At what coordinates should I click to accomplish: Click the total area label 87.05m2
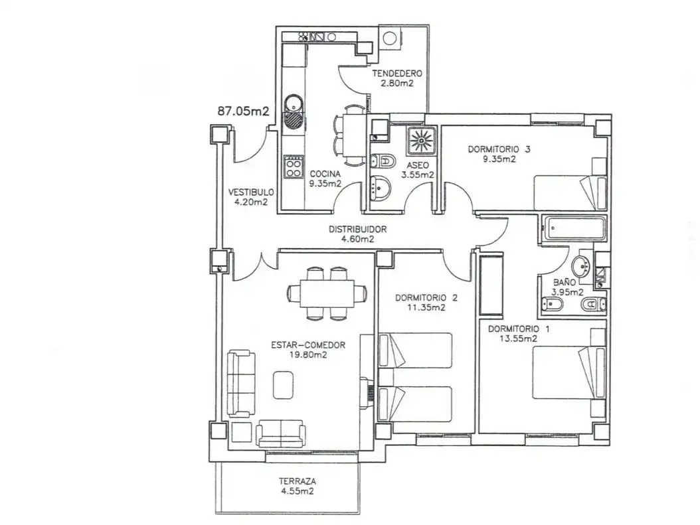pyautogui.click(x=243, y=111)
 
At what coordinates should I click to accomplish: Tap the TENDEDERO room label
pyautogui.click(x=397, y=73)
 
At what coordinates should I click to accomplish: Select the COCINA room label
pyautogui.click(x=325, y=174)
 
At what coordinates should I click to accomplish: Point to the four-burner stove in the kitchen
pyautogui.click(x=294, y=167)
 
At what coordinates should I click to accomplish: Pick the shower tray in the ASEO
pyautogui.click(x=420, y=140)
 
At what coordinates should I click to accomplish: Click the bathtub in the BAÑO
pyautogui.click(x=574, y=229)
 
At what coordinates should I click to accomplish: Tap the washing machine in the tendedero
pyautogui.click(x=389, y=38)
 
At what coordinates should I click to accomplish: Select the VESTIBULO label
pyautogui.click(x=251, y=192)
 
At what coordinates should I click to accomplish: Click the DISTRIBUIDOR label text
pyautogui.click(x=357, y=229)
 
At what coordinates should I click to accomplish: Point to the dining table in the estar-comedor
pyautogui.click(x=327, y=293)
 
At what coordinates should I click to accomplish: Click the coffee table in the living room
pyautogui.click(x=284, y=384)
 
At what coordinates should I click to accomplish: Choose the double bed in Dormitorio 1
pyautogui.click(x=569, y=372)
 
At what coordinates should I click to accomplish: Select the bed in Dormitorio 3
pyautogui.click(x=570, y=192)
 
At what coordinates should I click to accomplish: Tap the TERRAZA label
pyautogui.click(x=298, y=482)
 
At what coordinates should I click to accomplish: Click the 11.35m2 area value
pyautogui.click(x=426, y=307)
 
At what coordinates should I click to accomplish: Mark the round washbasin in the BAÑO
pyautogui.click(x=581, y=266)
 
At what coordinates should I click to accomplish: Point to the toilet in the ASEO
pyautogui.click(x=383, y=161)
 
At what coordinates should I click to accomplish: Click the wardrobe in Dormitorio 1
pyautogui.click(x=491, y=284)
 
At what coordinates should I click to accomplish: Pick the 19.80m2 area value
pyautogui.click(x=308, y=355)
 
